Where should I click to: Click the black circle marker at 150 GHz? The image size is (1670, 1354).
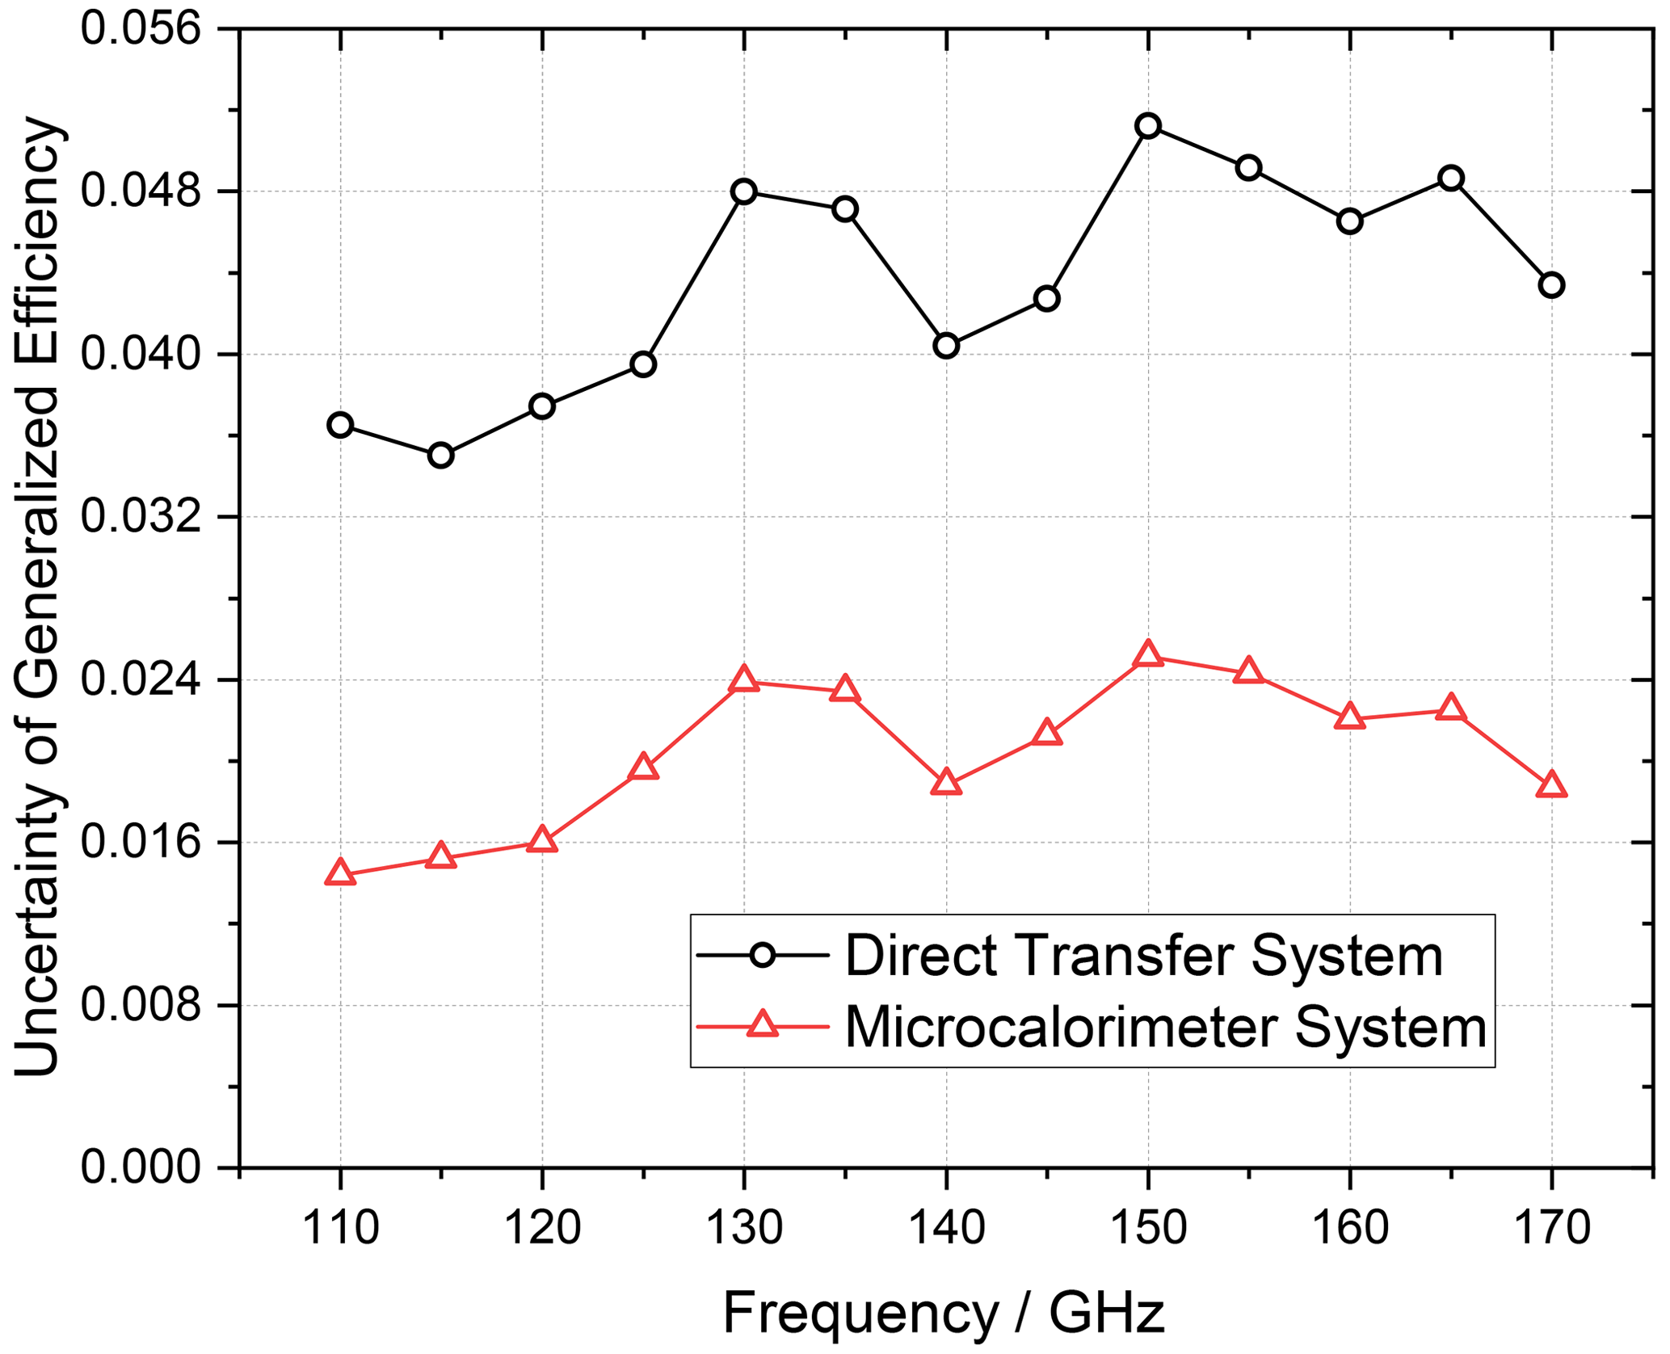pos(1147,125)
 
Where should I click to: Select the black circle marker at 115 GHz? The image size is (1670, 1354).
pos(440,456)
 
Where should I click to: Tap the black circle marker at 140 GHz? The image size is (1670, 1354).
pos(946,346)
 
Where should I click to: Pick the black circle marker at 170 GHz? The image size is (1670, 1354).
pos(1551,285)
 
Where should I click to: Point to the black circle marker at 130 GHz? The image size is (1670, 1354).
pos(744,191)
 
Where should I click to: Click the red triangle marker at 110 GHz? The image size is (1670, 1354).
pos(340,873)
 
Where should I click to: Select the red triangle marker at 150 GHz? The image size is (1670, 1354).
pos(1147,654)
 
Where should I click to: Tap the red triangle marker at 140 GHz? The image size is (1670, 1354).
pos(946,783)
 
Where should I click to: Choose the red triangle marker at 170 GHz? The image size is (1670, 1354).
pos(1551,785)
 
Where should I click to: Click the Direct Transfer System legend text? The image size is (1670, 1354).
pos(1144,957)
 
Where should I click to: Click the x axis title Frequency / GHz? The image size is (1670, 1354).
pos(944,1314)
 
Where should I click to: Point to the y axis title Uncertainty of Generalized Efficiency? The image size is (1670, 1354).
pos(37,598)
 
